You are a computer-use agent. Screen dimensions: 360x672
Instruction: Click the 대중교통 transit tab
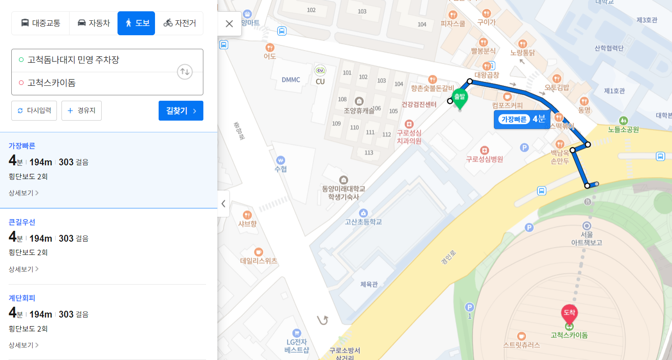coord(41,23)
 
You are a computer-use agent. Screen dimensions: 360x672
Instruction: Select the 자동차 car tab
coord(94,23)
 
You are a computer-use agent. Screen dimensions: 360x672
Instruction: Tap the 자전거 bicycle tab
coord(179,23)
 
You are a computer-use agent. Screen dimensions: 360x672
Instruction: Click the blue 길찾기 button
coord(181,111)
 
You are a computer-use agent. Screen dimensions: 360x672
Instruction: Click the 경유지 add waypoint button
coord(81,111)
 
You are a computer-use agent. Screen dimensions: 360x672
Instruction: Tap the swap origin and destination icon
coord(185,71)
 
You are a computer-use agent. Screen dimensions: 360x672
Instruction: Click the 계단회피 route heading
coord(22,298)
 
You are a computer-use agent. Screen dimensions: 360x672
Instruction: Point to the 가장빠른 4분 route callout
coord(522,120)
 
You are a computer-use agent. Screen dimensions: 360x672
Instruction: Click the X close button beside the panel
coord(229,24)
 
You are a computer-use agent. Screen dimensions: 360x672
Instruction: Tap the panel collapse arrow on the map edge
coord(223,204)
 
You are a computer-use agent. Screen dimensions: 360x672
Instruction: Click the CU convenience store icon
coord(320,71)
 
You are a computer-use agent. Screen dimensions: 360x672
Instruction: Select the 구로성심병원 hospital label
coord(484,159)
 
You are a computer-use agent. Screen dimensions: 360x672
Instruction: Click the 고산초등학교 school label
coord(363,222)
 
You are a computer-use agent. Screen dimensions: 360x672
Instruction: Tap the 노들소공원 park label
coord(623,130)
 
